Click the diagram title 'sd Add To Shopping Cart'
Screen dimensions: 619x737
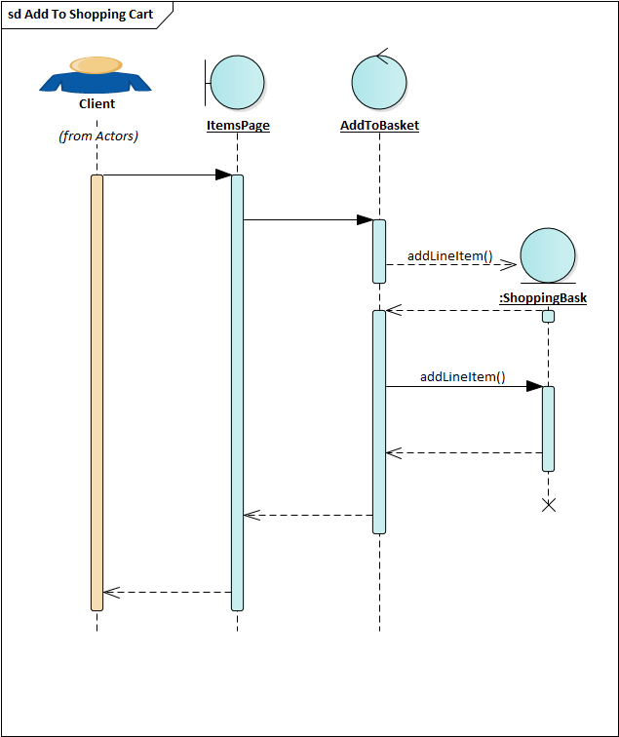click(x=80, y=15)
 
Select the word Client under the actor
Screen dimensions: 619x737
click(x=97, y=104)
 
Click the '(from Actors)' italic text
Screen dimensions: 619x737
click(x=98, y=136)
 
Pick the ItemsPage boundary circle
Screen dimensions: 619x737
click(x=237, y=83)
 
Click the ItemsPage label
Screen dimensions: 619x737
click(x=238, y=126)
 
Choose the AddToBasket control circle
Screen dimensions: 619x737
click(x=379, y=83)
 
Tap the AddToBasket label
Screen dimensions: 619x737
click(x=380, y=126)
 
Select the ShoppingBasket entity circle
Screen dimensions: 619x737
click(x=548, y=255)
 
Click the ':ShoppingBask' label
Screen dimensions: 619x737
click(x=543, y=298)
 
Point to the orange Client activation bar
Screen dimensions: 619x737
click(x=97, y=393)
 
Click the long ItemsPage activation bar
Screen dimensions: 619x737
click(x=237, y=393)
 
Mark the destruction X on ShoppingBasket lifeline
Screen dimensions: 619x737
click(x=549, y=505)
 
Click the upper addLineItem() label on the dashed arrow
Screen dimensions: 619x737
click(x=449, y=256)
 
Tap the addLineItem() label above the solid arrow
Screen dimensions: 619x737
click(x=462, y=377)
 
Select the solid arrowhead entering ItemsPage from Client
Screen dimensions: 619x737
click(x=224, y=175)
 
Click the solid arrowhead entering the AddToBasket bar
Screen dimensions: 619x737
click(x=366, y=219)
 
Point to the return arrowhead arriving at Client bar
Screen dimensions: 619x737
click(x=111, y=593)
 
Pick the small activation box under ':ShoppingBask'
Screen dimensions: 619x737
click(x=549, y=316)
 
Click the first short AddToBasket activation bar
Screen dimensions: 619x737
click(x=379, y=252)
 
